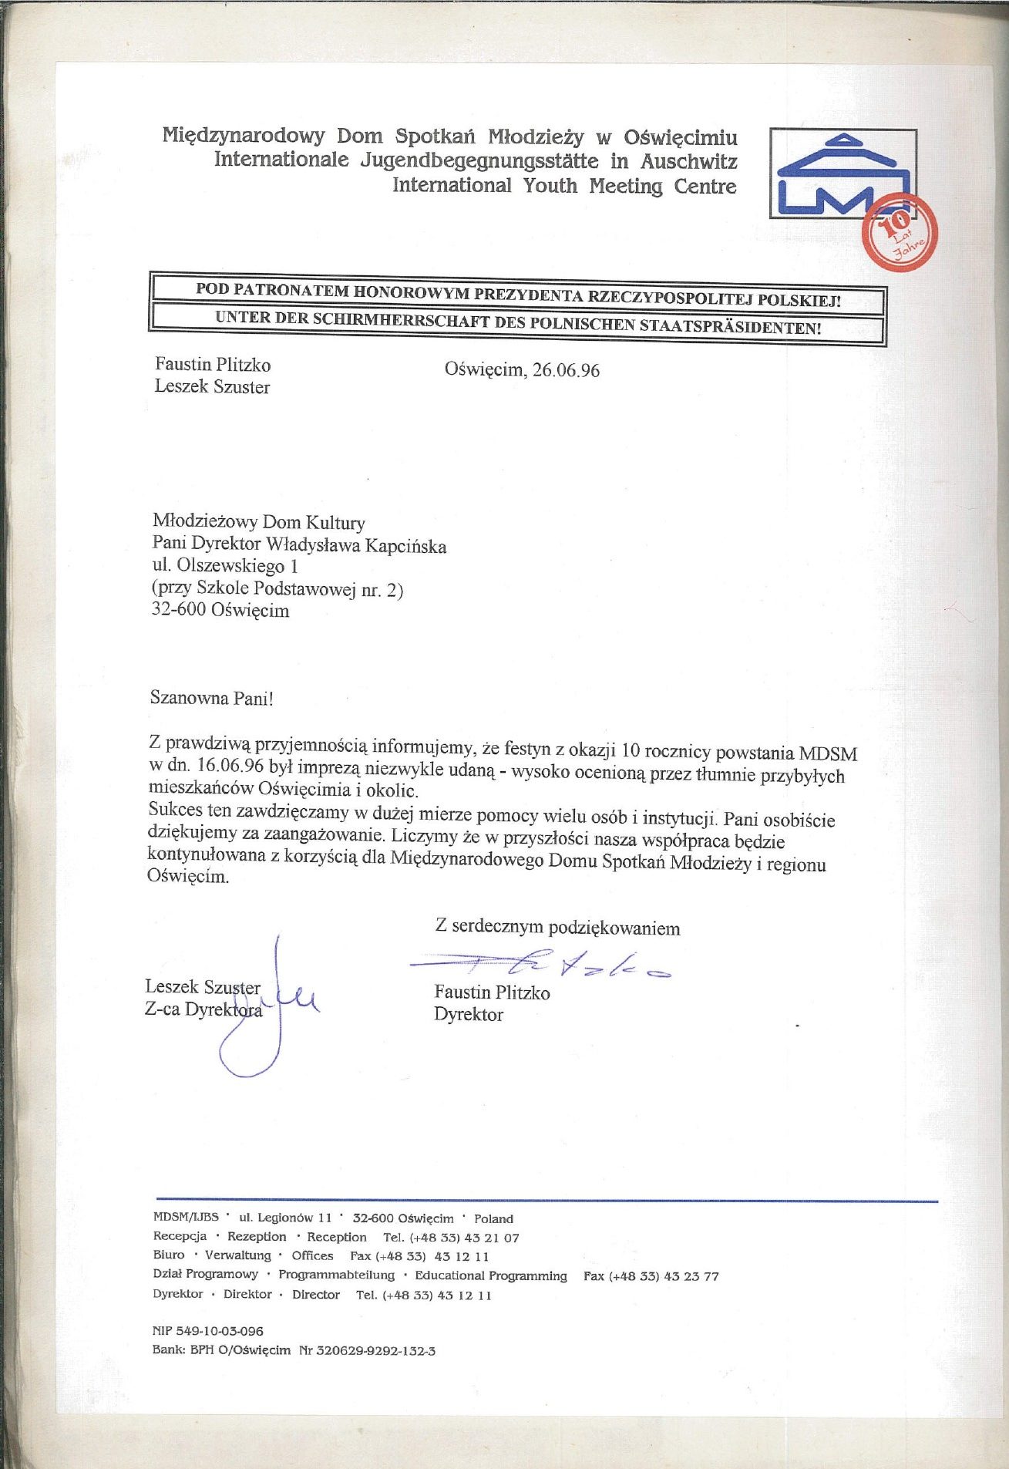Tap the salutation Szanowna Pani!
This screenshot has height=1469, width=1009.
(x=212, y=699)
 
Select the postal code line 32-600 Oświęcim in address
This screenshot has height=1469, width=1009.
(x=221, y=610)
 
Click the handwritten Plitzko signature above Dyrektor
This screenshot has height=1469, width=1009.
(x=540, y=965)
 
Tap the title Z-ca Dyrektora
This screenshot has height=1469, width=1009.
(x=203, y=1009)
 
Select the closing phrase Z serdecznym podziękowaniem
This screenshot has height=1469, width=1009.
(x=557, y=926)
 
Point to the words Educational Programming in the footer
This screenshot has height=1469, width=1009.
(x=490, y=1276)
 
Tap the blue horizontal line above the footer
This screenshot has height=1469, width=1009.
(x=546, y=1201)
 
